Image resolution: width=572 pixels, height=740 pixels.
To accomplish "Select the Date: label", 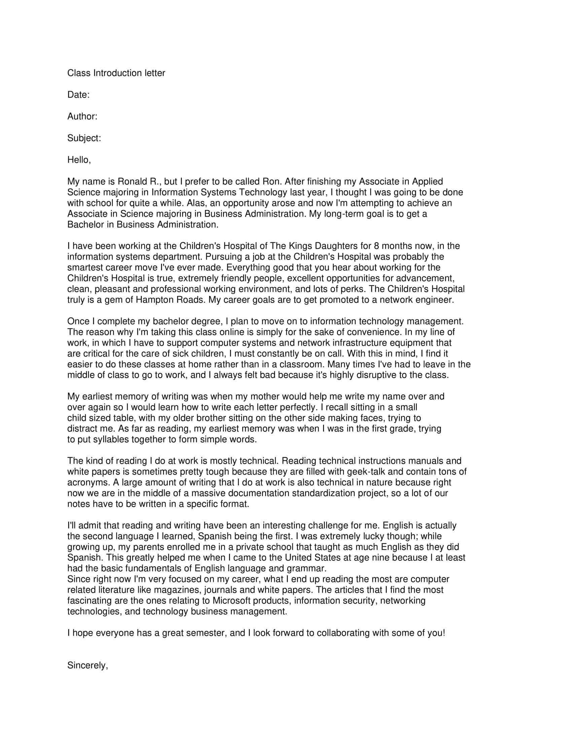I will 78,95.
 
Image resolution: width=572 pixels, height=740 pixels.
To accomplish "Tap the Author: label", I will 82,117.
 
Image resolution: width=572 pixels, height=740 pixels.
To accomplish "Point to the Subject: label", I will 84,138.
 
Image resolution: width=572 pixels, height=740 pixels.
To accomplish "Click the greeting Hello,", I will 79,160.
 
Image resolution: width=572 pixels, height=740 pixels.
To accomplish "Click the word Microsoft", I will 232,601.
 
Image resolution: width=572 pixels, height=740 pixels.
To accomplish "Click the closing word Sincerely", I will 87,665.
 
